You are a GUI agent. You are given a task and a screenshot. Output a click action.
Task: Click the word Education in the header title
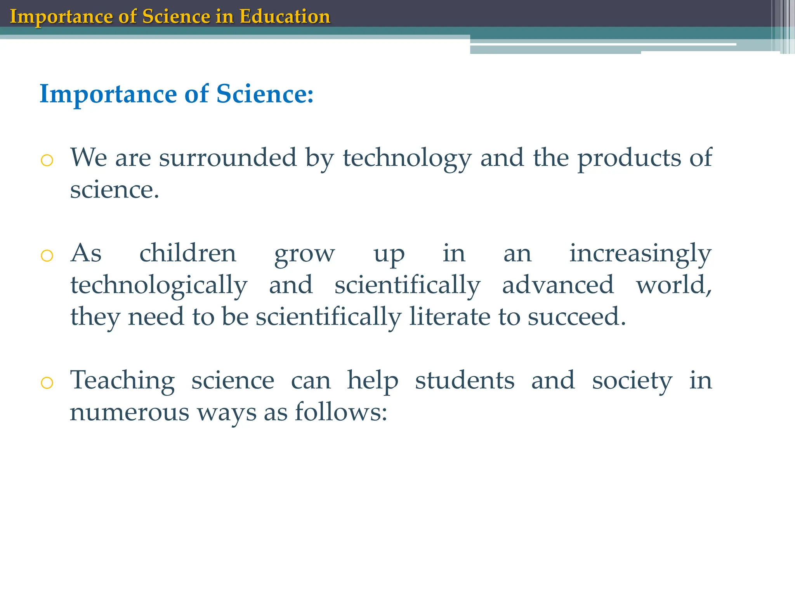pos(285,16)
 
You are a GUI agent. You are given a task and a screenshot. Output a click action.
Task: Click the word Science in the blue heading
pos(264,94)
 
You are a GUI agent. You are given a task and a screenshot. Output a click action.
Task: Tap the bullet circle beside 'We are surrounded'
pos(47,160)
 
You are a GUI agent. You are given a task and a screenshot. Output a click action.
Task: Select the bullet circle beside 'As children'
pos(47,255)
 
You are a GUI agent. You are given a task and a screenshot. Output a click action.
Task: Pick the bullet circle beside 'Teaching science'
pos(47,383)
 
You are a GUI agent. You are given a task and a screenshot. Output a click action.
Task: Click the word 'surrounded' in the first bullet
pos(227,158)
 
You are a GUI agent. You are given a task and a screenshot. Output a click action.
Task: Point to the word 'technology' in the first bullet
pos(407,158)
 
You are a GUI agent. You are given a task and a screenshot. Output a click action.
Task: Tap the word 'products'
pos(629,158)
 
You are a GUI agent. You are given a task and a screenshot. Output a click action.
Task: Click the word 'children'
pos(187,253)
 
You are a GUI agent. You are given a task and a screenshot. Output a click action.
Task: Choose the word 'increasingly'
pos(640,254)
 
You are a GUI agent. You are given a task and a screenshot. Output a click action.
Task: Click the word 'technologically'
pos(159,286)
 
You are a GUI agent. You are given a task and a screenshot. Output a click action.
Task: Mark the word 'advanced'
pos(558,285)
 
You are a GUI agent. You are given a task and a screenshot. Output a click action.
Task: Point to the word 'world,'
pos(673,286)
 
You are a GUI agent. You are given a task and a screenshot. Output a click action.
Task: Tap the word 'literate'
pos(450,317)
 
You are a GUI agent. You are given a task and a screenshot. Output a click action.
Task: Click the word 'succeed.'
pos(577,317)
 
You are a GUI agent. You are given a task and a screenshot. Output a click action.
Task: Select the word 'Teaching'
pos(122,380)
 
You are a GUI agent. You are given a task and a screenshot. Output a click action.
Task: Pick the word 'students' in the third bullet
pos(465,380)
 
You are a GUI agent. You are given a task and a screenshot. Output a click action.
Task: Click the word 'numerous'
pos(129,412)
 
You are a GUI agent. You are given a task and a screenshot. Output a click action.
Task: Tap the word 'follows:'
pos(341,412)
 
